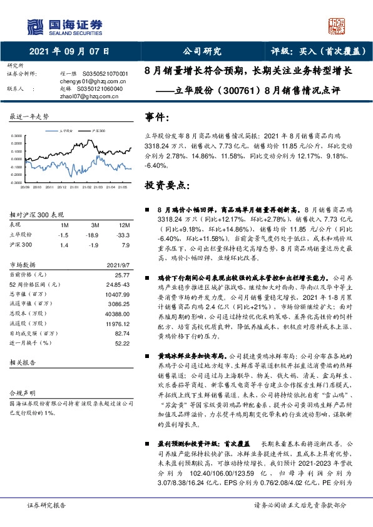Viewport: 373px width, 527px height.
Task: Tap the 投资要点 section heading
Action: pos(166,186)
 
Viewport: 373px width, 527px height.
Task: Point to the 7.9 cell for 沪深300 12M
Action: pos(126,245)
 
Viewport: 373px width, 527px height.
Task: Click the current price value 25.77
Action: pos(122,274)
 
